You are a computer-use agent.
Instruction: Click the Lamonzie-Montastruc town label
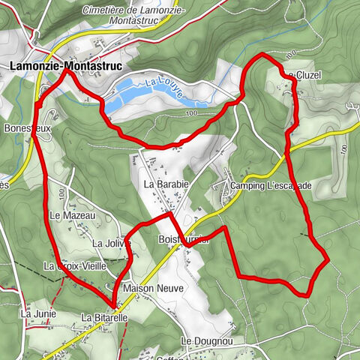(55, 65)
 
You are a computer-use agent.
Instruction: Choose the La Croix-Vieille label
(76, 265)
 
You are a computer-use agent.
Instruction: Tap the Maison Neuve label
(149, 288)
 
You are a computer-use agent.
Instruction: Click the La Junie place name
(37, 313)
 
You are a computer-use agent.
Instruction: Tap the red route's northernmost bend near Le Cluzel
(260, 55)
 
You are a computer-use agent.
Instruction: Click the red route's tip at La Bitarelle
(114, 305)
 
